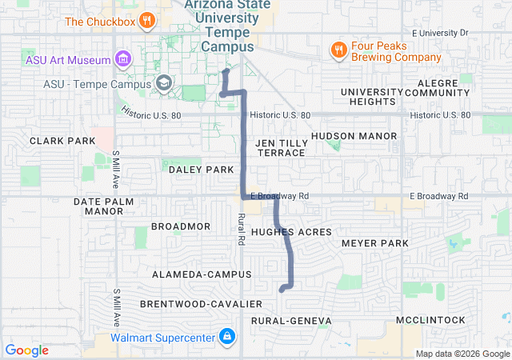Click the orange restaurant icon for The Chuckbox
click(x=146, y=20)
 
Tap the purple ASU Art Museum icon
click(x=122, y=58)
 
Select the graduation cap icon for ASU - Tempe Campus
click(x=163, y=82)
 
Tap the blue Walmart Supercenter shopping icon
click(x=227, y=336)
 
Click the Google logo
click(x=27, y=350)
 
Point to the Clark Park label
click(x=57, y=141)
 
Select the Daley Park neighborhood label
click(x=201, y=170)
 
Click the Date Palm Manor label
click(x=98, y=206)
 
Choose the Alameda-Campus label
click(x=195, y=274)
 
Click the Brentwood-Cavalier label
click(x=201, y=304)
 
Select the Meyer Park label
click(x=374, y=242)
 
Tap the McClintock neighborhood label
click(x=430, y=320)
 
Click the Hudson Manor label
click(x=354, y=136)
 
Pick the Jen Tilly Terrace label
click(x=281, y=147)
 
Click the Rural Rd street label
click(x=241, y=229)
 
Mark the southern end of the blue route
click(x=282, y=290)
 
